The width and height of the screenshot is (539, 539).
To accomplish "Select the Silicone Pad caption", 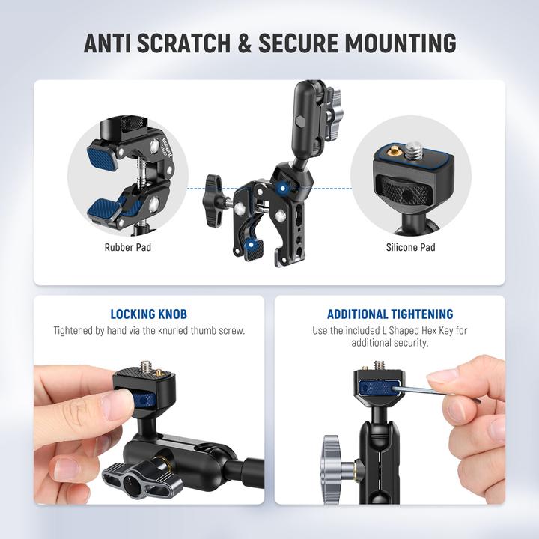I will coord(410,246).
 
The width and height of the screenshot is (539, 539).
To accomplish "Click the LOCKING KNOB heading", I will coord(149,314).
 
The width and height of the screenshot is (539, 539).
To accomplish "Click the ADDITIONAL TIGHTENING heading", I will coord(390,314).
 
